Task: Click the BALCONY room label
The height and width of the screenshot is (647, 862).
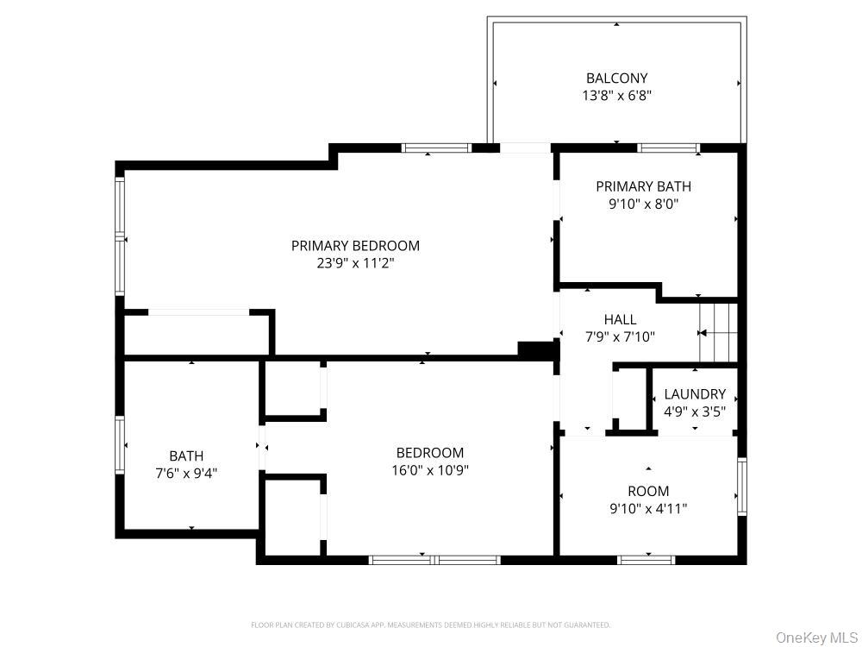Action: click(x=617, y=79)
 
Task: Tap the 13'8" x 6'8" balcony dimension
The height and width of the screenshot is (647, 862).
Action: click(x=617, y=96)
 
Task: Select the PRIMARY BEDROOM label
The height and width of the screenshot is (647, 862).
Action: click(x=355, y=245)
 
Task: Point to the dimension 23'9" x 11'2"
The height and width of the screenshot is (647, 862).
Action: click(x=355, y=263)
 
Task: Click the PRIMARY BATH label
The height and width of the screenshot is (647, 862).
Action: click(x=643, y=186)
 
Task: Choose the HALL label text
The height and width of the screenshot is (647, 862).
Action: click(x=620, y=320)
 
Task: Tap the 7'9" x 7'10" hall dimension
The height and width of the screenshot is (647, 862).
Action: click(x=620, y=336)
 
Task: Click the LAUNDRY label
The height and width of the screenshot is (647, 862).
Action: click(x=695, y=394)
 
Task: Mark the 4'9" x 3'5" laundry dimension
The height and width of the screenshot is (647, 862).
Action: click(x=695, y=411)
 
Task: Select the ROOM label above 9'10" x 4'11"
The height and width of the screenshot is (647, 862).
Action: click(x=649, y=491)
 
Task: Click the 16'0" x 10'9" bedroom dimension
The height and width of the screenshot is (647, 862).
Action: click(x=430, y=470)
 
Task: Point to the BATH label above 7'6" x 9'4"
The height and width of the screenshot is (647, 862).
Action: click(x=186, y=456)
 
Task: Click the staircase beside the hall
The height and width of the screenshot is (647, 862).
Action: click(x=717, y=333)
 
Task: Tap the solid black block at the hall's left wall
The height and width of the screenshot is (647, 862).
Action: click(x=536, y=350)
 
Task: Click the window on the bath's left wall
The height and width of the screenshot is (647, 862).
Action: click(x=119, y=444)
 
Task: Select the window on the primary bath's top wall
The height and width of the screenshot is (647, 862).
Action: click(x=669, y=148)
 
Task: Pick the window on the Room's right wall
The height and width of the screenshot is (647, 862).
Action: click(x=742, y=487)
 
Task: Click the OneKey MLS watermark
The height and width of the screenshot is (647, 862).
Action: click(x=817, y=638)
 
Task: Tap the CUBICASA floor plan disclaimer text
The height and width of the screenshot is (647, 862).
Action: click(x=430, y=625)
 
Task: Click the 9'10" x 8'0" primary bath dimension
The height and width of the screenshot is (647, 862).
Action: click(x=643, y=204)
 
